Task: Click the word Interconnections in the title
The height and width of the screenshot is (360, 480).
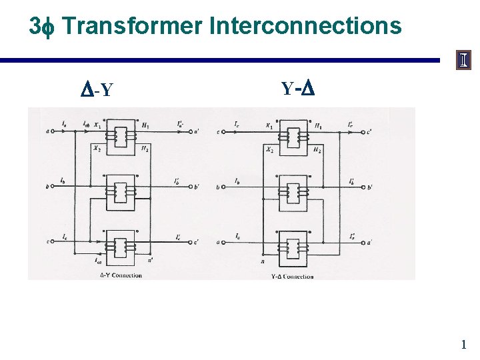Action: pos(305,27)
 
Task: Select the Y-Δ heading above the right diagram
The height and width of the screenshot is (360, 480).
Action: pos(297,88)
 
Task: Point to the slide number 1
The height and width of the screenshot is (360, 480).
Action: pos(463,345)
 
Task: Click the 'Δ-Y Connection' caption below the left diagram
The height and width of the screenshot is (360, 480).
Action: pos(121,275)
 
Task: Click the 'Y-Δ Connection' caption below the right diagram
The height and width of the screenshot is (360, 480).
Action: pos(292,276)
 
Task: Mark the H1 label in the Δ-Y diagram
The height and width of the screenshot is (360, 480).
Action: pos(145,125)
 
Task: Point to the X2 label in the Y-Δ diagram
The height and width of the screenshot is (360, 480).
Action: pos(269,150)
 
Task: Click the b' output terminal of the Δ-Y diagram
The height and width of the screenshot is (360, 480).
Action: pos(195,187)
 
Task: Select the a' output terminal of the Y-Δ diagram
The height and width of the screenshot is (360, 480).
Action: pos(369,243)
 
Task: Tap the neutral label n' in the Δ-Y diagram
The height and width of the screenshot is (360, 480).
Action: pos(151,260)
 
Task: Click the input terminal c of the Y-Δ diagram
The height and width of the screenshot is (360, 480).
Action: pos(218,131)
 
